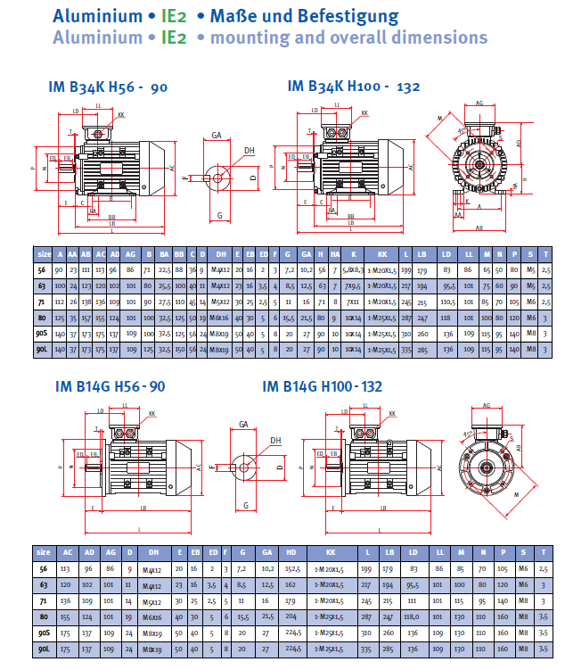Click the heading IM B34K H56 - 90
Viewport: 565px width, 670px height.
point(109,87)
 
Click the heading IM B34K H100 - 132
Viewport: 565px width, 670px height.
point(354,87)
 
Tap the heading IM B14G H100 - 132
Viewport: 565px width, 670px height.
point(323,386)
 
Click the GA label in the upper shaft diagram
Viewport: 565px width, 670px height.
point(217,136)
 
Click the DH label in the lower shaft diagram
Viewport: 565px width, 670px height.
point(275,441)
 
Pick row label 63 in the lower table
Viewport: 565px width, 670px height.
point(44,585)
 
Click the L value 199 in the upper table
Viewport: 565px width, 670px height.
point(406,269)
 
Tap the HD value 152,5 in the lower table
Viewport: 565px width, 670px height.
point(290,568)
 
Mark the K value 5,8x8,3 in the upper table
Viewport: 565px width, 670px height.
point(354,269)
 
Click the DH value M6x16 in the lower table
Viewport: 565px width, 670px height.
point(153,616)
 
